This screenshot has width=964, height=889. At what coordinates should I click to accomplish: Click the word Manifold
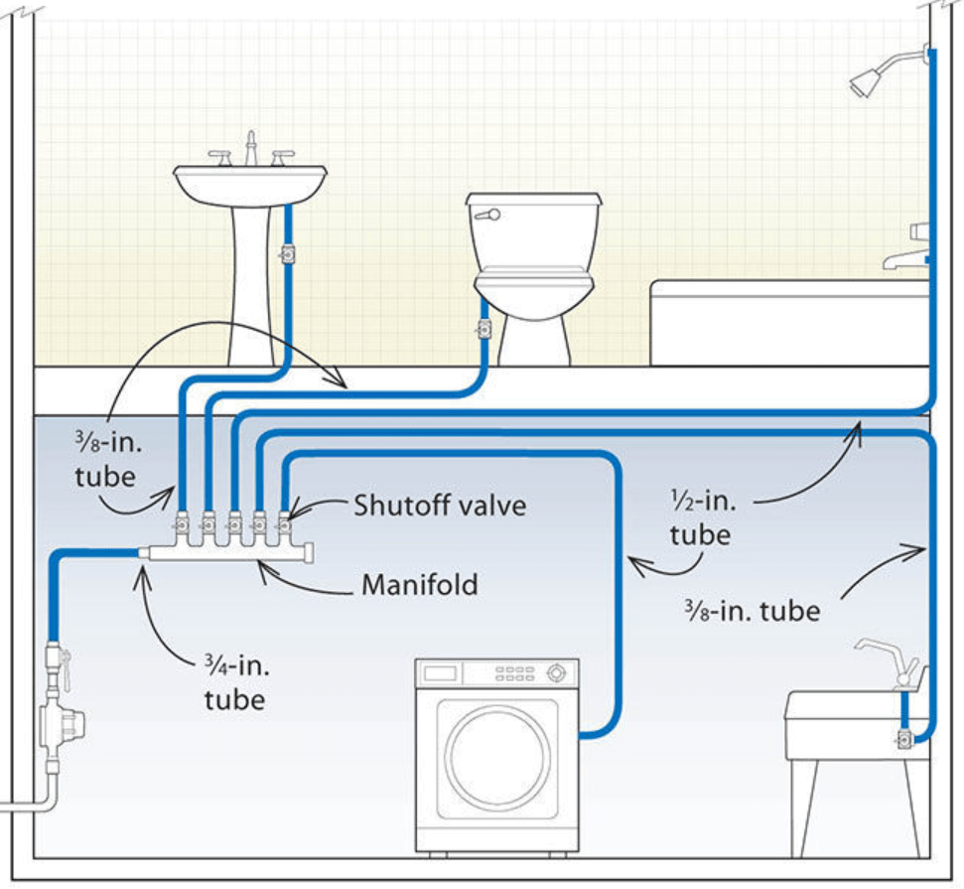(419, 584)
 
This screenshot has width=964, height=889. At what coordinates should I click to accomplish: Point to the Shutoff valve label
(440, 505)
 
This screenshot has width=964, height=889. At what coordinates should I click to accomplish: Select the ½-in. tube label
(701, 518)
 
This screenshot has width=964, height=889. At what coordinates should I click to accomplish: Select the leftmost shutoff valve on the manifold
(184, 520)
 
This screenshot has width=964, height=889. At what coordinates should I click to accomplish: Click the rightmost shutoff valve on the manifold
(284, 519)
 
